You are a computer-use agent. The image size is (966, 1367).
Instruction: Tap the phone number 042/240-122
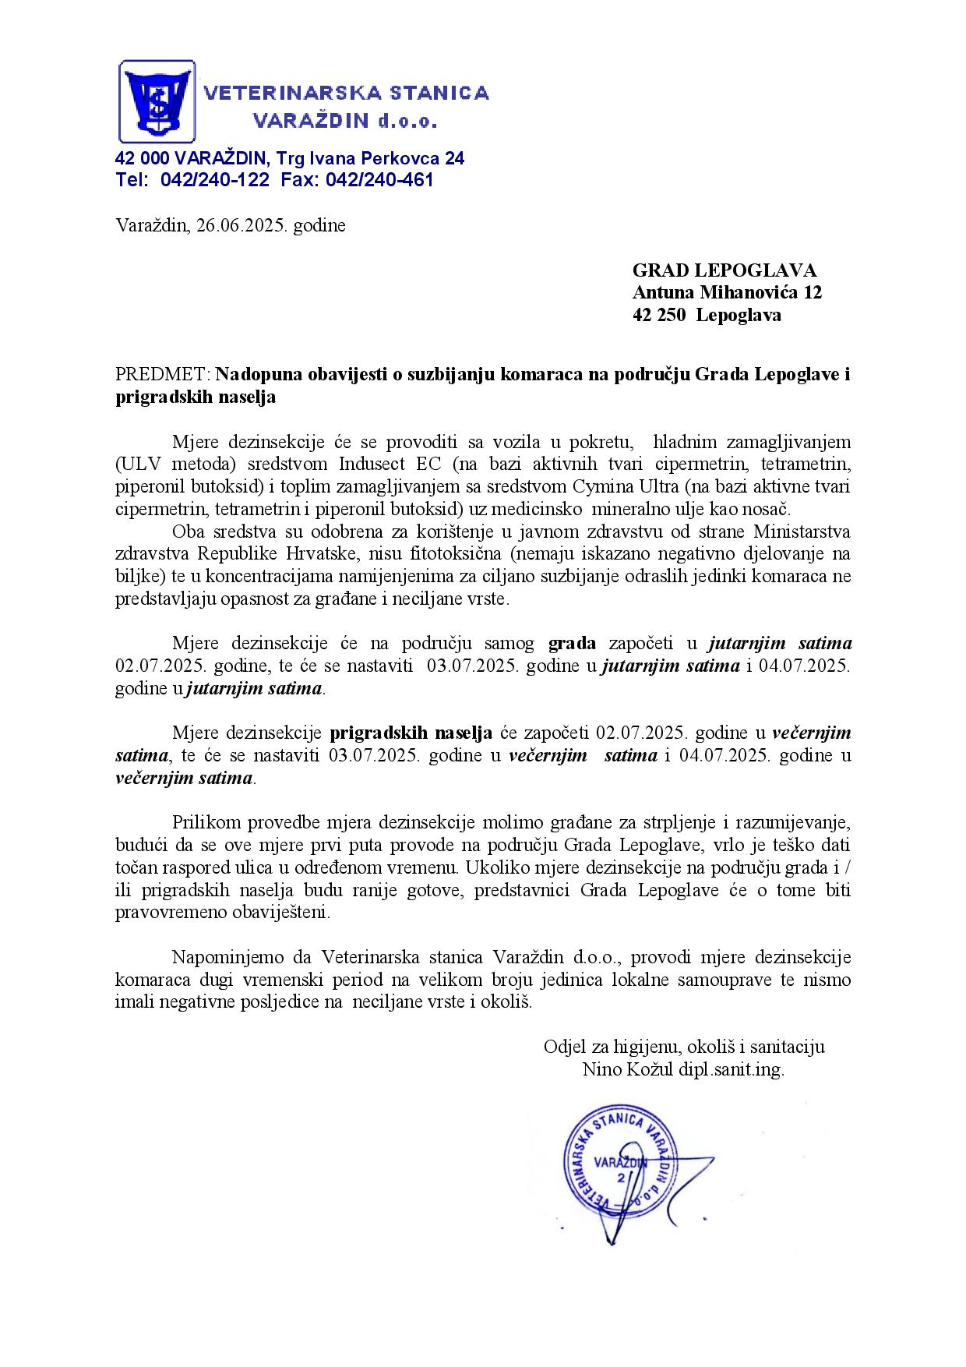pyautogui.click(x=215, y=180)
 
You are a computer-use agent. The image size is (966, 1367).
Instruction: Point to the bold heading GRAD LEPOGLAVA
pyautogui.click(x=724, y=270)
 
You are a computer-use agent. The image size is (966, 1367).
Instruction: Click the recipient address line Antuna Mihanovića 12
pyautogui.click(x=727, y=293)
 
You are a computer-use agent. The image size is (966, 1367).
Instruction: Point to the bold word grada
pyautogui.click(x=573, y=644)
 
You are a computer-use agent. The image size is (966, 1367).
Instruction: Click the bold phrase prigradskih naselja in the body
pyautogui.click(x=411, y=733)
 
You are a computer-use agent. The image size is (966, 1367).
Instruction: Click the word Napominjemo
pyautogui.click(x=223, y=957)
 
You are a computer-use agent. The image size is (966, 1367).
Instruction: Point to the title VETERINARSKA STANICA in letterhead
pyautogui.click(x=347, y=94)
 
